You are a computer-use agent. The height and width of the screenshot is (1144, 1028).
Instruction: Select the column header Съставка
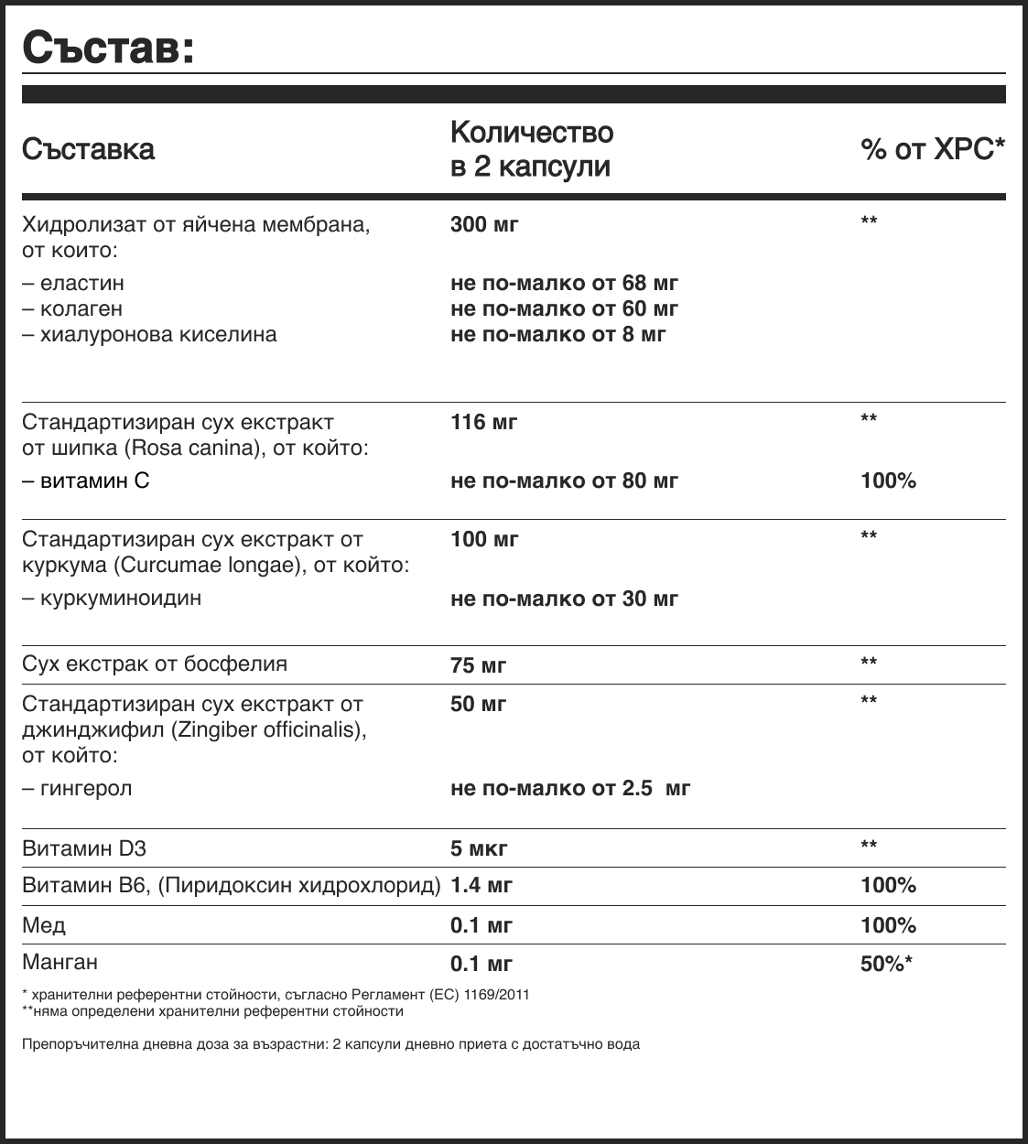point(89,149)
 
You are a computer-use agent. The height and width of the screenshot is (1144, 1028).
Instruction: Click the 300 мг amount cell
point(484,224)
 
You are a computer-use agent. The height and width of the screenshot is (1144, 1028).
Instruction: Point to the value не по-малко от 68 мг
point(564,283)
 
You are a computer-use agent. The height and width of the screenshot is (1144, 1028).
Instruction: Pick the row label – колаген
point(72,308)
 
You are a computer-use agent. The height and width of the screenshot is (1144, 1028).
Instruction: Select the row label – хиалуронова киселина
point(149,334)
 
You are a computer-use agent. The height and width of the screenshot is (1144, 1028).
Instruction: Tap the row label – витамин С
point(86,480)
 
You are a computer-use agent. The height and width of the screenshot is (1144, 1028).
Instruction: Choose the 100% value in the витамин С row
point(888,480)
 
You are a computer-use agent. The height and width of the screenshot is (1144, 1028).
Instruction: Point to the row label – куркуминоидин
point(112,598)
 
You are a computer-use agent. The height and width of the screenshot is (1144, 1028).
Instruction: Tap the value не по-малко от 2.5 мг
point(570,788)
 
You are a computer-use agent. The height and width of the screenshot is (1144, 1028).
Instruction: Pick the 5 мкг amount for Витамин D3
point(479,848)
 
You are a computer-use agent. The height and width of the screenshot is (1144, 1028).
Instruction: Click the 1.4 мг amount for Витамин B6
point(482,885)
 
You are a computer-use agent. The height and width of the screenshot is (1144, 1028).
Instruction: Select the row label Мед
point(44,925)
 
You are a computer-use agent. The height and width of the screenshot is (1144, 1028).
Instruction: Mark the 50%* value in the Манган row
point(886,963)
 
